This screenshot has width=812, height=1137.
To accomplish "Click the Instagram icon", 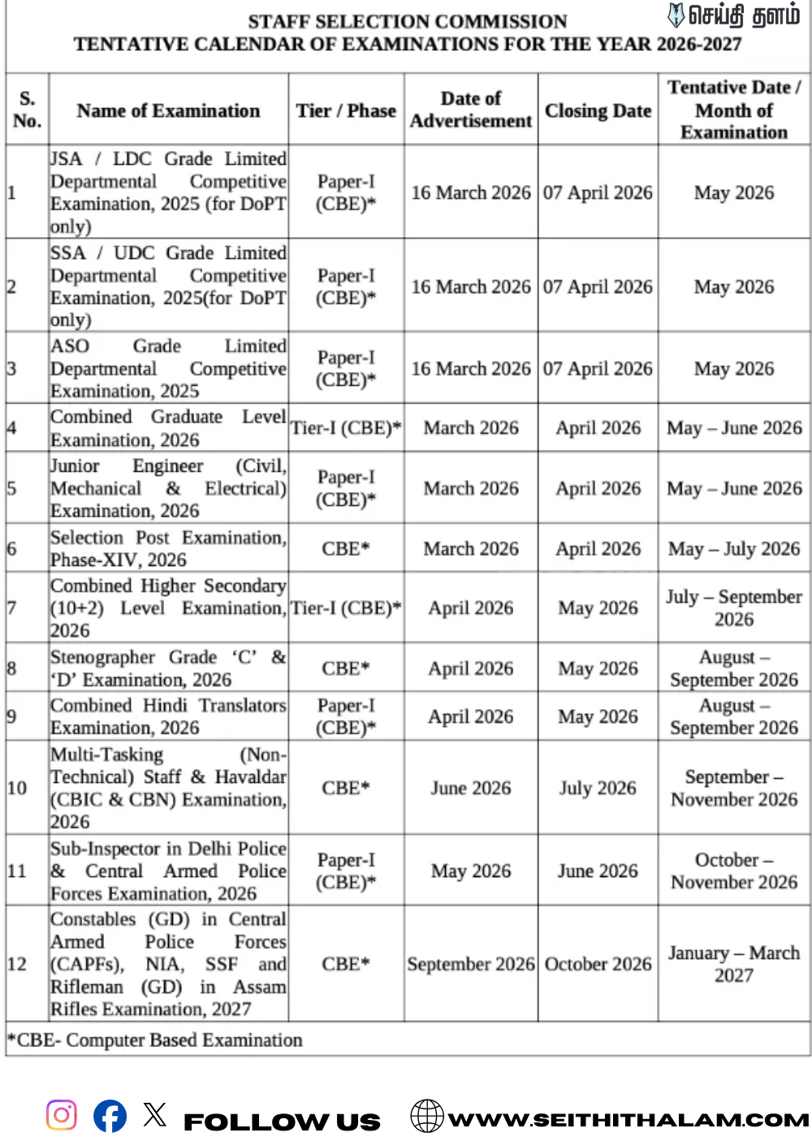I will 62,1114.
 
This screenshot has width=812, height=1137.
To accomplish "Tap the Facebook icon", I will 110,1115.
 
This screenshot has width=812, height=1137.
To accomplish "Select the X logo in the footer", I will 155,1113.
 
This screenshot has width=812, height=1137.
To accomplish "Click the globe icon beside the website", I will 427,1116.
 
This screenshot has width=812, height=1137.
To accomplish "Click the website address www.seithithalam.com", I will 628,1120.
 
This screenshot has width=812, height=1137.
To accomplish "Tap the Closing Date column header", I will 598,110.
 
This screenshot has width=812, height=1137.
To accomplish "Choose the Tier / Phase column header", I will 346,110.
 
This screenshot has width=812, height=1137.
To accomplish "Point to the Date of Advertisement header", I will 471,110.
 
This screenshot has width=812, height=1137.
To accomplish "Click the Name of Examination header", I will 168,110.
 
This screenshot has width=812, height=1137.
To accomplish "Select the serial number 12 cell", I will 17,964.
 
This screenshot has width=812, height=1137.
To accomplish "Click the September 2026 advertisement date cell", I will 471,964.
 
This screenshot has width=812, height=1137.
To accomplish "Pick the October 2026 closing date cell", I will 598,964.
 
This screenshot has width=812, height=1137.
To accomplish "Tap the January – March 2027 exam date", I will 734,964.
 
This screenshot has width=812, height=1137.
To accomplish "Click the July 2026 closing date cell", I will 598,788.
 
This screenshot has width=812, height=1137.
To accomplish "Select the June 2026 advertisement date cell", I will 471,788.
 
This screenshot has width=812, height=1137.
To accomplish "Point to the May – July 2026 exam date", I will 734,549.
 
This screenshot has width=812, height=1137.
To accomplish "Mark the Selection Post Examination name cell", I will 168,549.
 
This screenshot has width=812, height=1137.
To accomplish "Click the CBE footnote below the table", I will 155,1040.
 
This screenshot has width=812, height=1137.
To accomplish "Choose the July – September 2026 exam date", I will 734,607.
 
